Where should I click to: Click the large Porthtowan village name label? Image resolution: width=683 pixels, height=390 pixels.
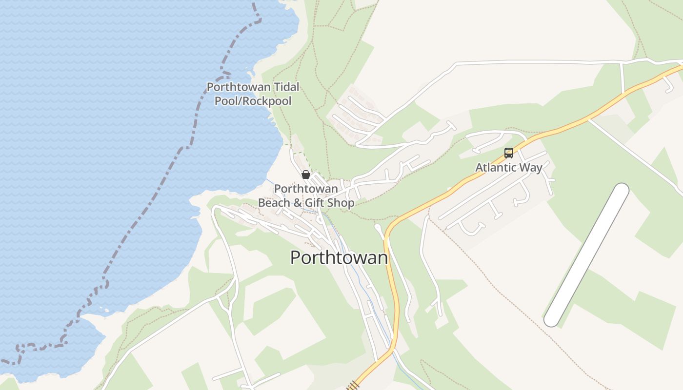339,257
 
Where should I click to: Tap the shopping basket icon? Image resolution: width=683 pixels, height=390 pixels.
306,175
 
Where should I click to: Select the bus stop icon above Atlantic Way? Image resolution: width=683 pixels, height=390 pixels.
509,153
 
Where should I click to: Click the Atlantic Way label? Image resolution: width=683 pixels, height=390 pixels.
509,168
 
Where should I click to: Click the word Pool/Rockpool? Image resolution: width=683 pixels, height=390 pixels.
253,101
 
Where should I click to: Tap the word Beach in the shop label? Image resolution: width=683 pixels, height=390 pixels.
273,202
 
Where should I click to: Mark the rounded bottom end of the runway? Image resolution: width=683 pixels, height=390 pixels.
552,319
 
